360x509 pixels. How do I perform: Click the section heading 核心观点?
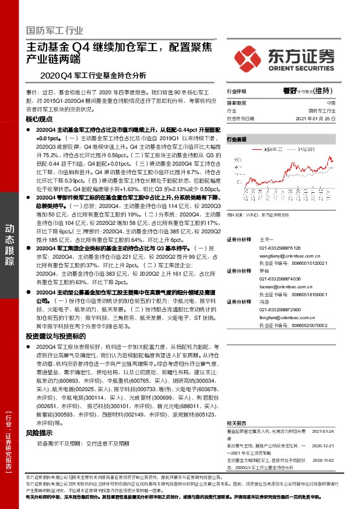click(x=41, y=120)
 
